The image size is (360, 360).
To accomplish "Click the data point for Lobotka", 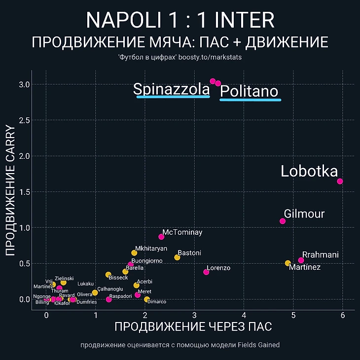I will coord(340,181).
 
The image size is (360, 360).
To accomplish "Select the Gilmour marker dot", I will coord(283,221).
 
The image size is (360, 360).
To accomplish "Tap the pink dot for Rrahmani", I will coord(301,260).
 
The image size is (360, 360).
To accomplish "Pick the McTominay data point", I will coord(161,237).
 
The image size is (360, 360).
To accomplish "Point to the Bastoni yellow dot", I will coord(177,257).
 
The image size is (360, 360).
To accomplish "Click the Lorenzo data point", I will coord(206,272).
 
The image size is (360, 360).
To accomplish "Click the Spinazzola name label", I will coord(172,89).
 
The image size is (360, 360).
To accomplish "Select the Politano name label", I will coord(249,91).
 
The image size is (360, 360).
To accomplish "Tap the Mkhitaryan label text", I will coord(151,249).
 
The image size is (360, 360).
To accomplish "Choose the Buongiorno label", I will coord(147,261).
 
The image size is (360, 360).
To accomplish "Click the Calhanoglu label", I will coord(110,289).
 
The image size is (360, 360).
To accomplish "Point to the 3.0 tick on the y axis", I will coord(24,85).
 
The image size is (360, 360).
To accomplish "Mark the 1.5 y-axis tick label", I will coord(24,192).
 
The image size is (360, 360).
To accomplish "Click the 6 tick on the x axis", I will coord(343,315).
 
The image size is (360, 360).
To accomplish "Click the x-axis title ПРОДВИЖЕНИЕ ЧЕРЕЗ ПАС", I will coord(193,327).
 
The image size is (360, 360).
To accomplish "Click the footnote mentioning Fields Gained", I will coord(180,345).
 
